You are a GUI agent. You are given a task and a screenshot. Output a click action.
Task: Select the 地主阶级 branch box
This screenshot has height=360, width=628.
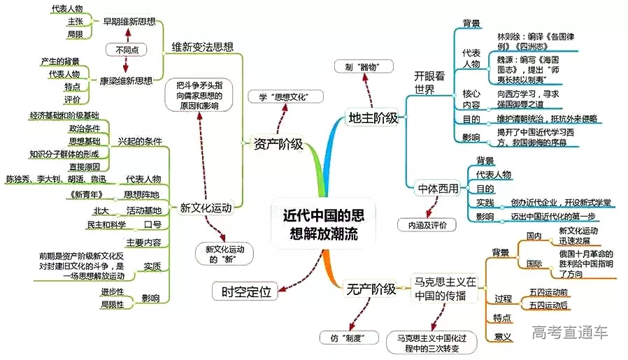[373, 117]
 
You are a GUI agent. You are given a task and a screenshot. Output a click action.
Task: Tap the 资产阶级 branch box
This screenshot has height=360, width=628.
[278, 145]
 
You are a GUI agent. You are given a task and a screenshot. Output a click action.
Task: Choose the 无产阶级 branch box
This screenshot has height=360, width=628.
[370, 288]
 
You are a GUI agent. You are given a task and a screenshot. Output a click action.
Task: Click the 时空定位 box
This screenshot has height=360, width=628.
[245, 291]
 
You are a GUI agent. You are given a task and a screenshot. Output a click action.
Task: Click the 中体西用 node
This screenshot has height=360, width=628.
[437, 188]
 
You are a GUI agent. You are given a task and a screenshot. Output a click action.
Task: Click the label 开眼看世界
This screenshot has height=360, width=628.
[429, 82]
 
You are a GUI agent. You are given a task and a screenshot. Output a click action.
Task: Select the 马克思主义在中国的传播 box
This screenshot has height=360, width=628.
[443, 288]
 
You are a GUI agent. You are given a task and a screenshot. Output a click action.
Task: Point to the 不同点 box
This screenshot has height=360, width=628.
[126, 50]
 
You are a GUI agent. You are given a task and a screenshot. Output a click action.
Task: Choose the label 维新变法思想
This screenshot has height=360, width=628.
[203, 47]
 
